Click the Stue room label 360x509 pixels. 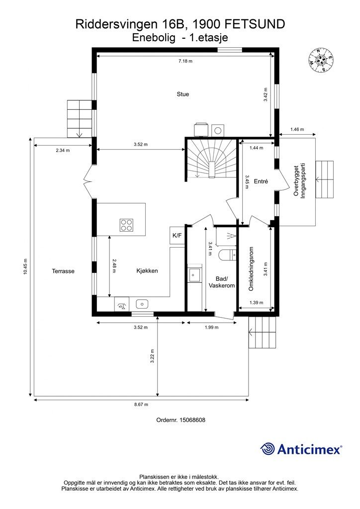click(183, 94)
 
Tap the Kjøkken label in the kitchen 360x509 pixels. click(147, 271)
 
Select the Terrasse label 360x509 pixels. click(63, 271)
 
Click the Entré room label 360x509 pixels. click(261, 181)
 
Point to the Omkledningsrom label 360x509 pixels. click(251, 269)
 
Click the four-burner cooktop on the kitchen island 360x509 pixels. click(127, 225)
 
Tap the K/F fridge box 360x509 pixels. click(177, 235)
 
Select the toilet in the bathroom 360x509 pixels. click(228, 255)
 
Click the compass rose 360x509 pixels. click(321, 60)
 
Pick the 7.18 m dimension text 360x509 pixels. click(185, 61)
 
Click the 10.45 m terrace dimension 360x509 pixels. click(26, 266)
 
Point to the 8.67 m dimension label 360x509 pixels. click(141, 405)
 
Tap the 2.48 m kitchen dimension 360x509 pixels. click(113, 266)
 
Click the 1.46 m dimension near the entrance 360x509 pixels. click(297, 129)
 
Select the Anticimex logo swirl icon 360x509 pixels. click(268, 449)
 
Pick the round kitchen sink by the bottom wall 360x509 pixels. click(142, 304)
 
